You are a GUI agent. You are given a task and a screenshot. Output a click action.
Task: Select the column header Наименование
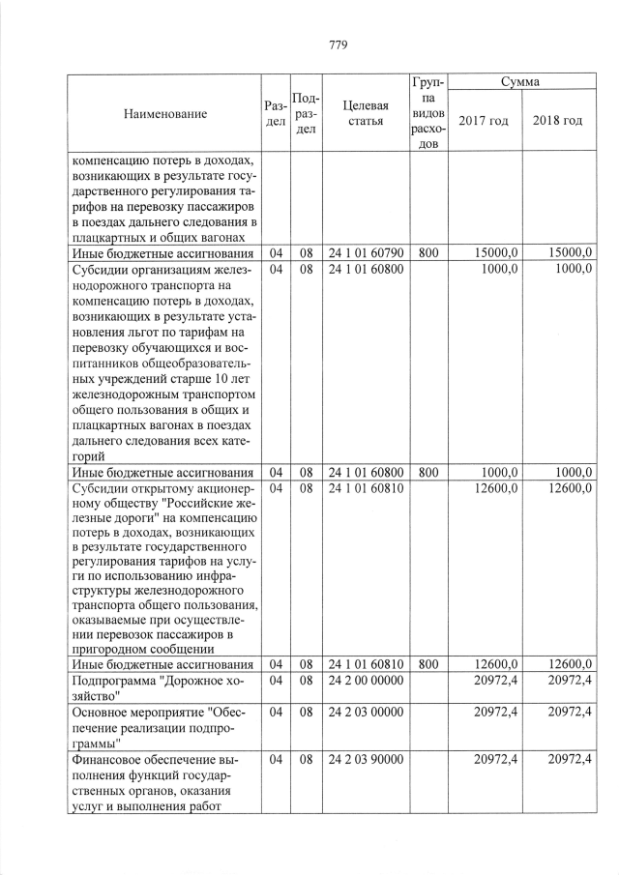tap(165, 114)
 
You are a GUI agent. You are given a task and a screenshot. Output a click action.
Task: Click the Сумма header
tap(520, 83)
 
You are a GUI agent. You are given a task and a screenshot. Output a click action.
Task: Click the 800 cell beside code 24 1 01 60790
tap(428, 253)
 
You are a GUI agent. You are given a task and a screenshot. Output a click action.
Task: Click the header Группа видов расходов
tap(428, 113)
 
